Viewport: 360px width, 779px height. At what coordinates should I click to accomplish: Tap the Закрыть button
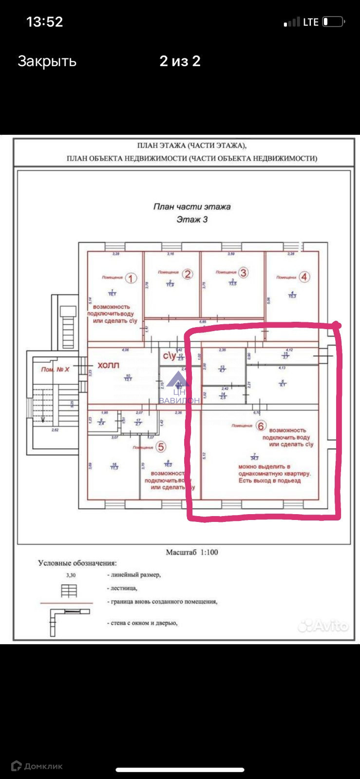coord(47,61)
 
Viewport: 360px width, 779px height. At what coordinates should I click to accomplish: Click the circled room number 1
coord(131,278)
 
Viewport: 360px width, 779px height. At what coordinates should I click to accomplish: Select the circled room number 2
coord(188,274)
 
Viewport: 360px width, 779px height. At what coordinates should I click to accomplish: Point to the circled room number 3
coord(243,273)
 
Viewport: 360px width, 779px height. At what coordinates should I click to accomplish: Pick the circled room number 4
coord(304,277)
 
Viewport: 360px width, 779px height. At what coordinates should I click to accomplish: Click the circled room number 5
coord(161,446)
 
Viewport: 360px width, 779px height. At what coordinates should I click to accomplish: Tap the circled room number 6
coord(262,426)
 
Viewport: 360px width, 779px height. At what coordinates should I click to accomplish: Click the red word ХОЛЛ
coord(108,365)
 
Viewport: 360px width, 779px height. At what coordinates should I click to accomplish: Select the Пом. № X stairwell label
coord(55,370)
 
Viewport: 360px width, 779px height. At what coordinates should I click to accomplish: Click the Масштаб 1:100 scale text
coord(192,552)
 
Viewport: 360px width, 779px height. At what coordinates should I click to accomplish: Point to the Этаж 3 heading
coord(192,220)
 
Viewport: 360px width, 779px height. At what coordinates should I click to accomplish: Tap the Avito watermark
coord(324,626)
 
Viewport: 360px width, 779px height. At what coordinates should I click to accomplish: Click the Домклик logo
coord(37,766)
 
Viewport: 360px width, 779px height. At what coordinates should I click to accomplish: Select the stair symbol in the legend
coord(69,591)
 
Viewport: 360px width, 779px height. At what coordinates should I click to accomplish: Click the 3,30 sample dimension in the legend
coord(71,575)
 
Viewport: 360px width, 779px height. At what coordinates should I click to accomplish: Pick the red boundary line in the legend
coord(66,603)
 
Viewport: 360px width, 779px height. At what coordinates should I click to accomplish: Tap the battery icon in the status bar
coord(334,22)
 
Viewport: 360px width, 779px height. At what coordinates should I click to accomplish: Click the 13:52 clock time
coord(44,22)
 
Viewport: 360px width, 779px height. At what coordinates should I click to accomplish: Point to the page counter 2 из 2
coord(180,61)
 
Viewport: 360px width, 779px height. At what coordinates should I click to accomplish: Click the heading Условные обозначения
coord(77,563)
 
